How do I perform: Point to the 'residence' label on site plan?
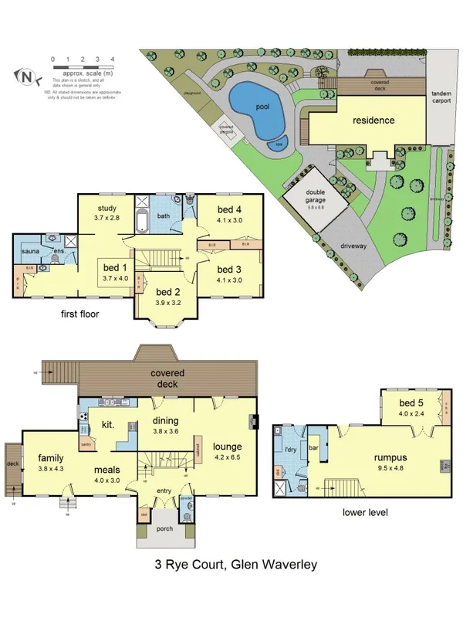pyautogui.click(x=373, y=121)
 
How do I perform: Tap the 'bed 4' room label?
pyautogui.click(x=229, y=209)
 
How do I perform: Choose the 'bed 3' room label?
pyautogui.click(x=229, y=269)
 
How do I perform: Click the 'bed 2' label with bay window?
pyautogui.click(x=168, y=292)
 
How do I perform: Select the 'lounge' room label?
pyautogui.click(x=228, y=447)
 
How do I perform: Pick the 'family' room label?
pyautogui.click(x=50, y=457)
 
